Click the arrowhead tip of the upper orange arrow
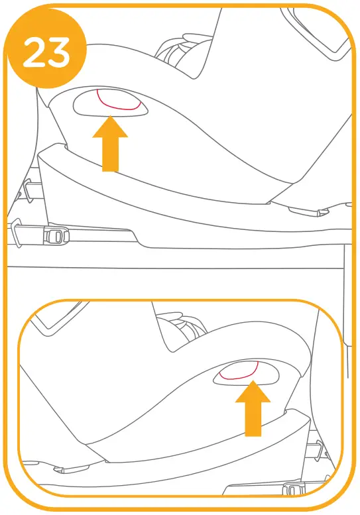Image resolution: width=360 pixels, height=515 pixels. pyautogui.click(x=109, y=119)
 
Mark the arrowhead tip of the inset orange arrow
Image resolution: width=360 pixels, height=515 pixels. pyautogui.click(x=253, y=384)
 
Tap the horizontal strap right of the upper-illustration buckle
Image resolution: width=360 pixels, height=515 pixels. pyautogui.click(x=99, y=232)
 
